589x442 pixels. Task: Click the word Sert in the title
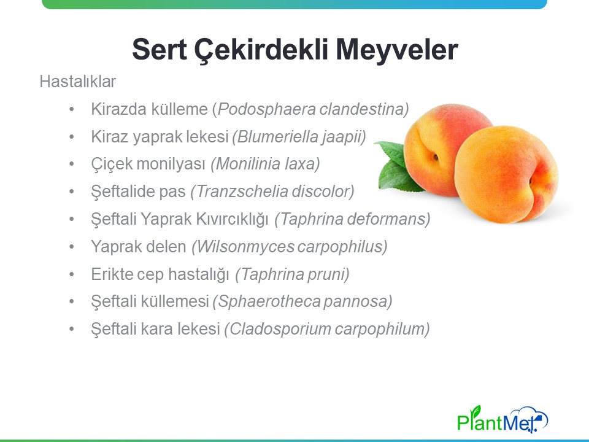[160, 49]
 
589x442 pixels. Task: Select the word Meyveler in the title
[397, 50]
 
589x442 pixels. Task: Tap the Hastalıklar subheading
[78, 82]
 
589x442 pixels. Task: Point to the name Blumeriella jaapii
[299, 137]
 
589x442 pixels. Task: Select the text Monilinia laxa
[266, 165]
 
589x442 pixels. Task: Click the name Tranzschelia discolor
[272, 192]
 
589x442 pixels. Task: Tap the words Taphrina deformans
[353, 219]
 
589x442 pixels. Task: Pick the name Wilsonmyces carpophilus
[290, 247]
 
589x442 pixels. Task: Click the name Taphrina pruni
[293, 274]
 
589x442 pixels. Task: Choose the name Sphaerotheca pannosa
[302, 301]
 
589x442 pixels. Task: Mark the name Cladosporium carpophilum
[327, 329]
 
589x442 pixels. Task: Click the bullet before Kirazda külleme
[72, 110]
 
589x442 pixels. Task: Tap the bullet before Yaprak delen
[72, 247]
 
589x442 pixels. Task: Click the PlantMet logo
[502, 419]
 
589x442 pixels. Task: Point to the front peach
[506, 174]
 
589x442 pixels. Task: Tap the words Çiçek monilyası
[148, 165]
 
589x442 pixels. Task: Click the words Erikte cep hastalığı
[160, 274]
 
